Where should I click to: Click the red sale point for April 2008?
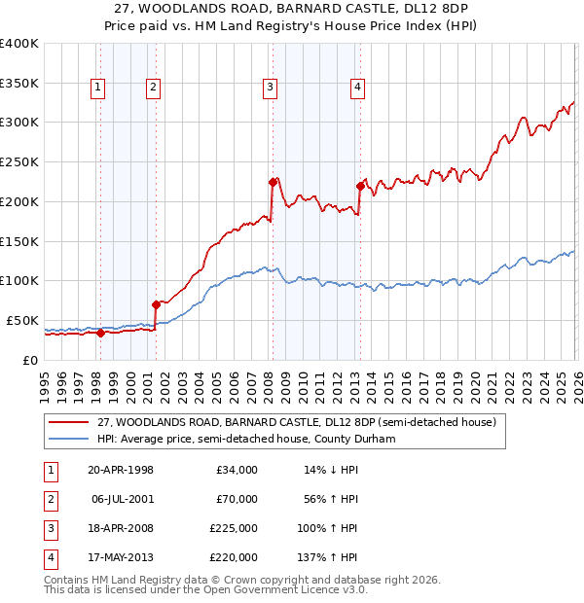(273, 181)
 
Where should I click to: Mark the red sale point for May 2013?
(359, 186)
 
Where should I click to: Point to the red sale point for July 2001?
(156, 304)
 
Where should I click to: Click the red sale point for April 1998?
(100, 333)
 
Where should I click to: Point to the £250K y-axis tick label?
(19, 161)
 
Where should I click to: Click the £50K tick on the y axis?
(22, 320)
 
